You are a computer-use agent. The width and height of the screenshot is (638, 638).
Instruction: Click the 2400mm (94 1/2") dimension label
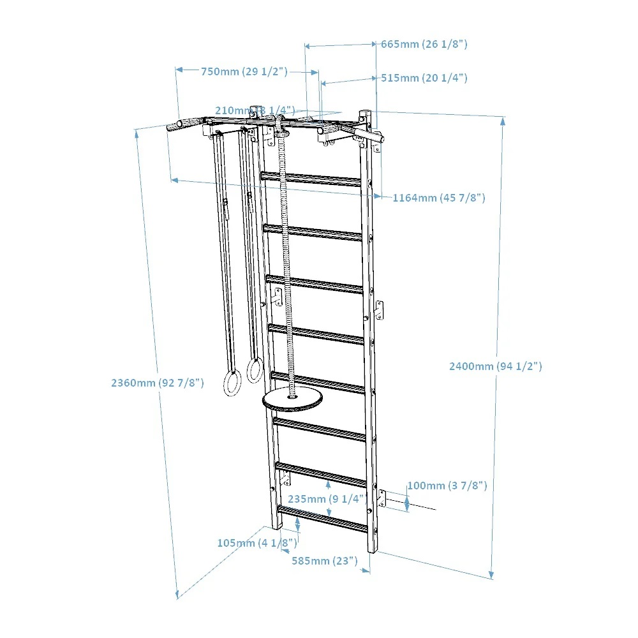pyautogui.click(x=495, y=366)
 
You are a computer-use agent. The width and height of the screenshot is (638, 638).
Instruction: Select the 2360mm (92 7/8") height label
pyautogui.click(x=157, y=383)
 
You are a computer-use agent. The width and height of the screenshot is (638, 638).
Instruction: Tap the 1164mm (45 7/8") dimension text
pyautogui.click(x=438, y=198)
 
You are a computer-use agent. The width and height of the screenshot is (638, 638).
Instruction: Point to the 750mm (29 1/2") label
pyautogui.click(x=244, y=71)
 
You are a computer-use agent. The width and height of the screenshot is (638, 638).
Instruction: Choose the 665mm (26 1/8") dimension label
pyautogui.click(x=424, y=44)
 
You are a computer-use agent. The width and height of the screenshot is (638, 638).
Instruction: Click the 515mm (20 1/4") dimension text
pyautogui.click(x=424, y=78)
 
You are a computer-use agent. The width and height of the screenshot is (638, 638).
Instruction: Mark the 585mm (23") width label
pyautogui.click(x=323, y=561)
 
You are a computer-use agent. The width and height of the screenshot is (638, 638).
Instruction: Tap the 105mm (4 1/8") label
pyautogui.click(x=256, y=543)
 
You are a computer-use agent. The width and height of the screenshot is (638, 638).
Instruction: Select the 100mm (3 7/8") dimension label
pyautogui.click(x=447, y=486)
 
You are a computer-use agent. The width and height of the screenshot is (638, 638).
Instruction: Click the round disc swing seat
pyautogui.click(x=292, y=400)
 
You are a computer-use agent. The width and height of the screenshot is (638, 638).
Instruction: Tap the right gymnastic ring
pyautogui.click(x=255, y=371)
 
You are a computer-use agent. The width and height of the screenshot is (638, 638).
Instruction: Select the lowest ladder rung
pyautogui.click(x=322, y=518)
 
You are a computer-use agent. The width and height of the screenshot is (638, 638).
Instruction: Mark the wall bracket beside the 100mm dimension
pyautogui.click(x=382, y=498)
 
